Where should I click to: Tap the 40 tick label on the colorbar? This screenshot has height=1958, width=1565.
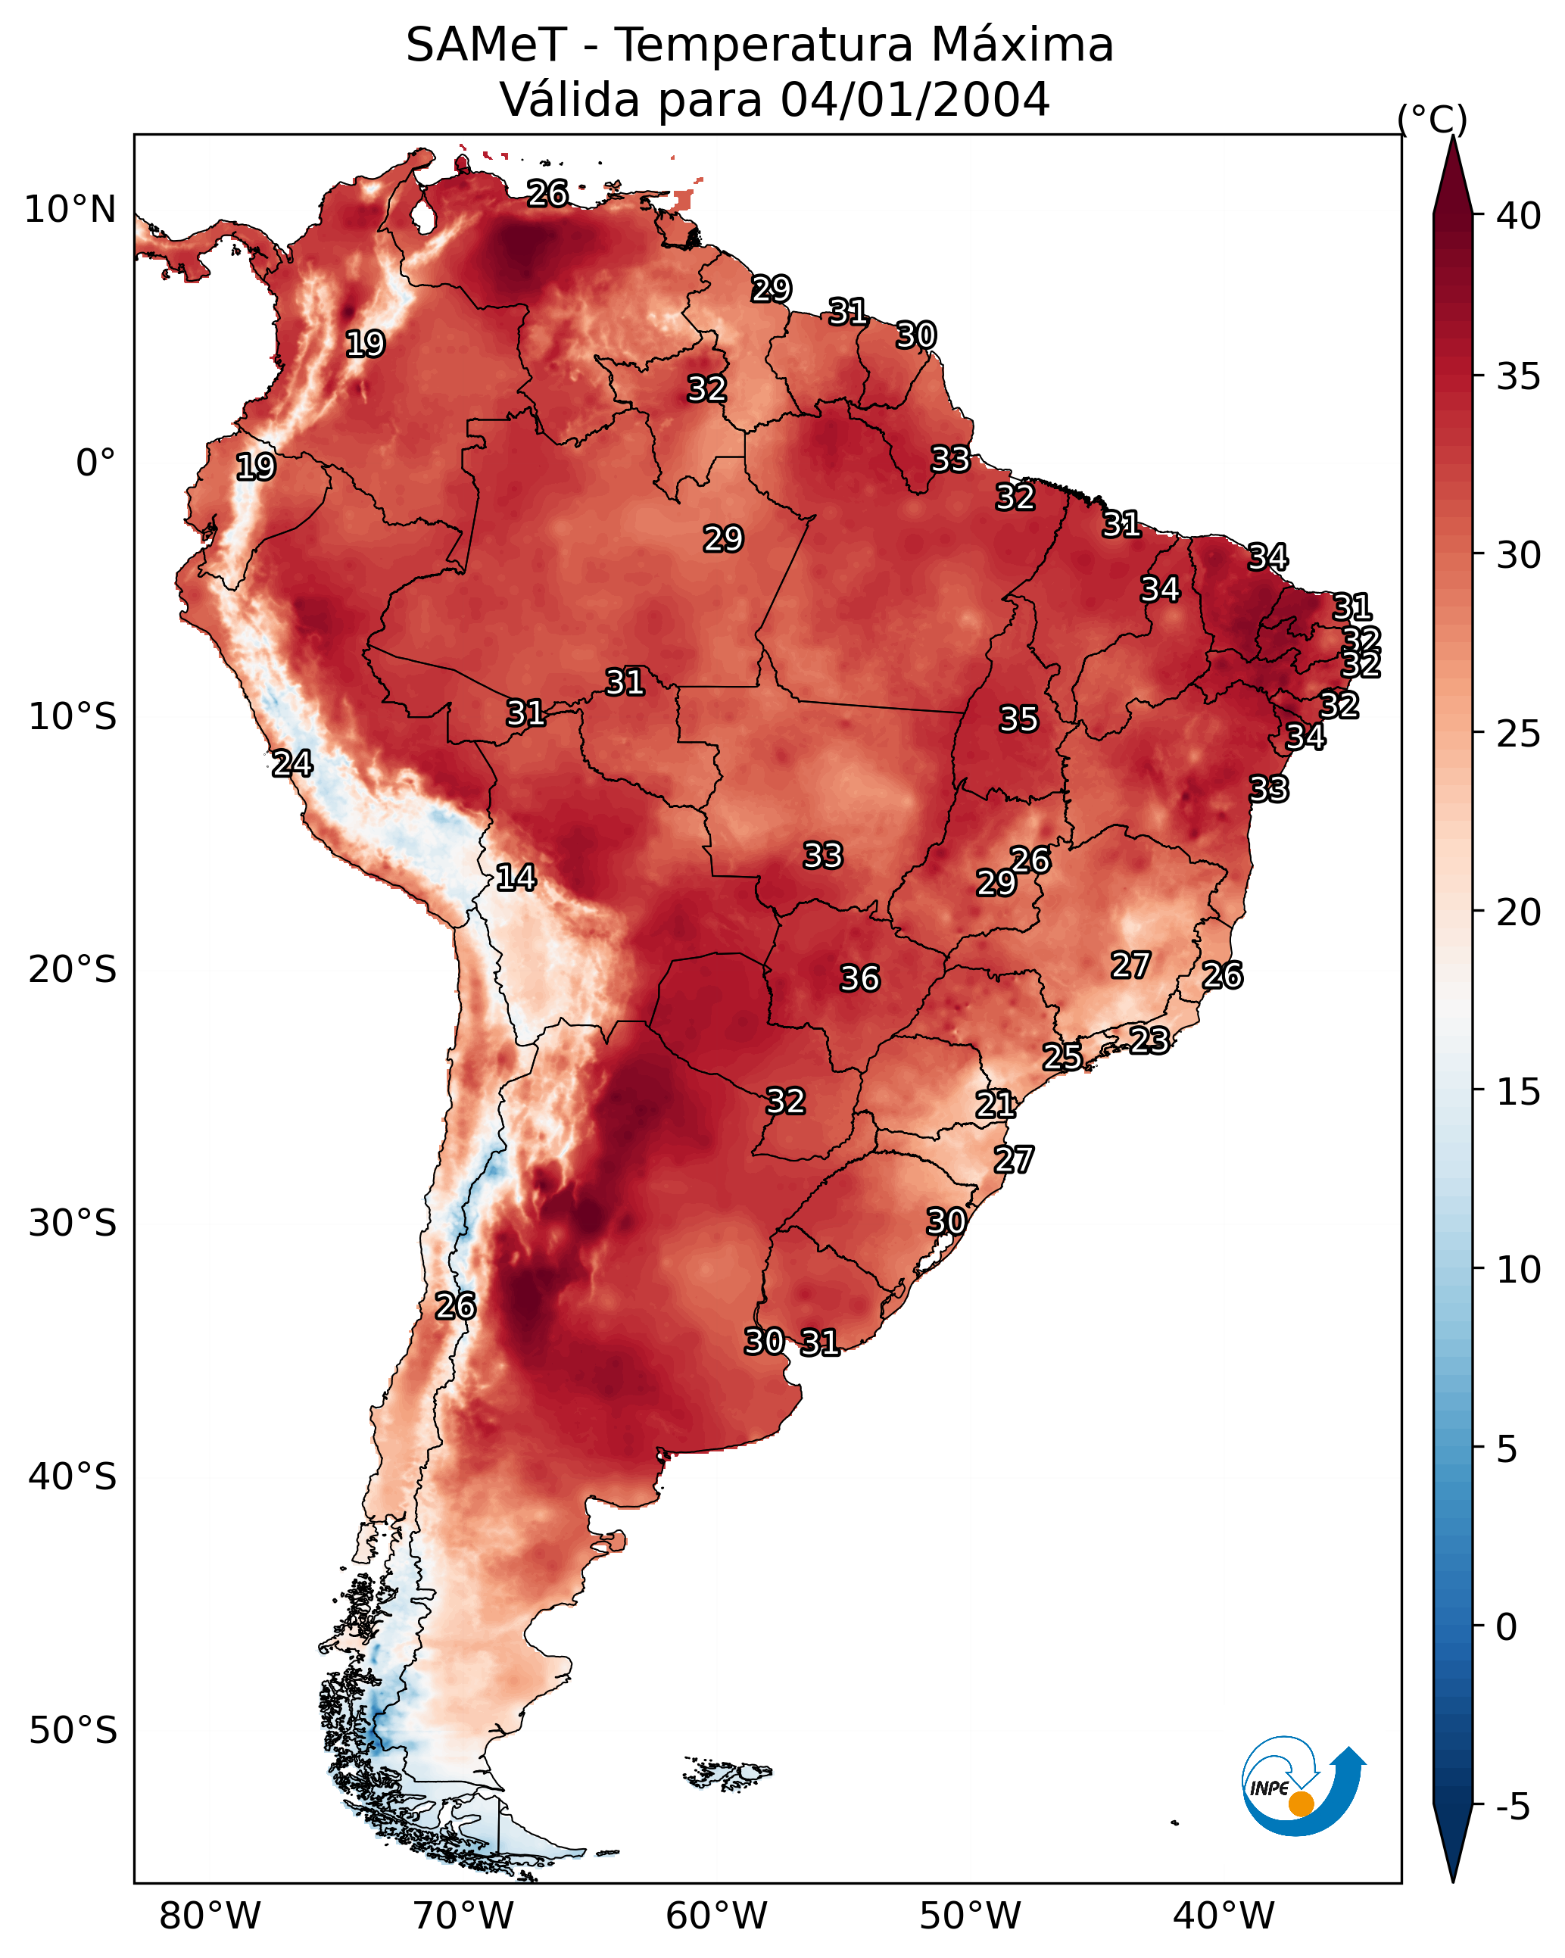point(1518,216)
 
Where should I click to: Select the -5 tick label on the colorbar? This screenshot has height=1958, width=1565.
point(1512,1807)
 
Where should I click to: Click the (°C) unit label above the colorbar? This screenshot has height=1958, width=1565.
point(1432,119)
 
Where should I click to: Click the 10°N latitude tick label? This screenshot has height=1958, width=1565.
point(70,210)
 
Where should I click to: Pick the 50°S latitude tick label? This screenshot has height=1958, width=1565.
point(73,1731)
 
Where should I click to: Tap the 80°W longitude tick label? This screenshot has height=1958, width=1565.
point(210,1916)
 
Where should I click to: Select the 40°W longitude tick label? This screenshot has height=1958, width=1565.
point(1224,1916)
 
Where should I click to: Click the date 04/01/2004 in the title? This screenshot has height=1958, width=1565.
point(915,100)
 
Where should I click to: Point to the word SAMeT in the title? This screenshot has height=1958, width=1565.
point(486,45)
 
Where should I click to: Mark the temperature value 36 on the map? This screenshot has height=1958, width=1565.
point(859,979)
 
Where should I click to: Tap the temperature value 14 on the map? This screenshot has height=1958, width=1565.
point(516,878)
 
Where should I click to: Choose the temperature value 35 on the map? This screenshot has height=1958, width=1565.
point(1018,719)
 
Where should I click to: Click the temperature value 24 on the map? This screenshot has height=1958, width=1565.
point(292,764)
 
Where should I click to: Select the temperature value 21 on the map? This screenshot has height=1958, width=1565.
point(996,1105)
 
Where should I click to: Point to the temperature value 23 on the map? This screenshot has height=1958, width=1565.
point(1149,1040)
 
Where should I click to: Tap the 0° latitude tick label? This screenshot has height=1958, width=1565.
point(95,463)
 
